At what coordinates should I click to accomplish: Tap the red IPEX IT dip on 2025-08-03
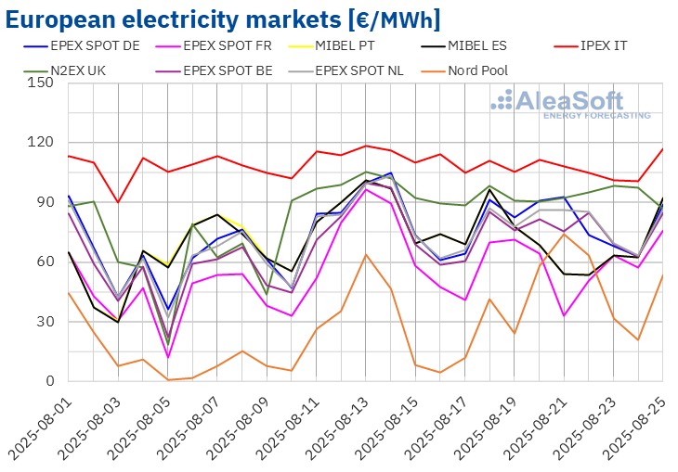(x=118, y=202)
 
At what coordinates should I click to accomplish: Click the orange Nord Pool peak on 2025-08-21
(x=564, y=234)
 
